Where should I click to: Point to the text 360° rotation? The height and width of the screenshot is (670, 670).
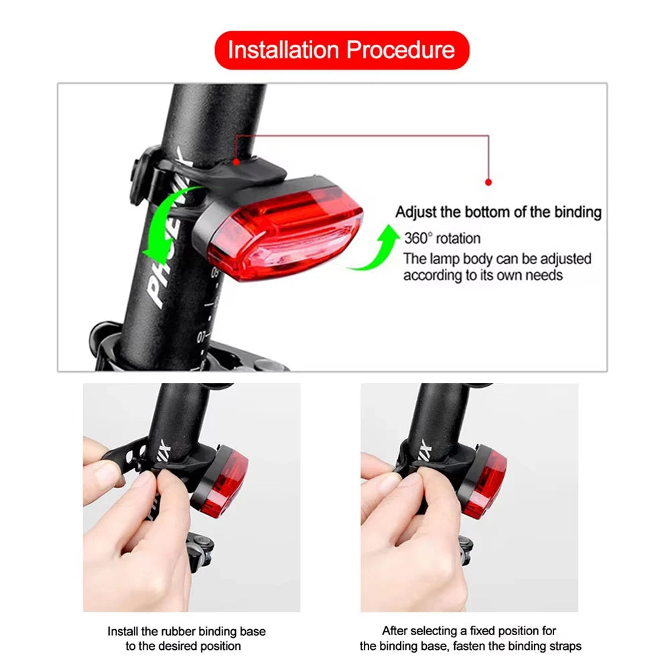[x=442, y=238]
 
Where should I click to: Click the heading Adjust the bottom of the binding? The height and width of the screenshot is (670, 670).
[x=498, y=212]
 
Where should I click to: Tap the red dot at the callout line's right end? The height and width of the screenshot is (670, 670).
[x=488, y=182]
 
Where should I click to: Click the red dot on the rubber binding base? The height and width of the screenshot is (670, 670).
[x=236, y=161]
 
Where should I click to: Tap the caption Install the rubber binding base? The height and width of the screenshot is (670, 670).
[x=187, y=631]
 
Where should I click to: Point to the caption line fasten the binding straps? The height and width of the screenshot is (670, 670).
[x=470, y=646]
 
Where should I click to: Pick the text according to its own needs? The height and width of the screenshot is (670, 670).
[x=482, y=275]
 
